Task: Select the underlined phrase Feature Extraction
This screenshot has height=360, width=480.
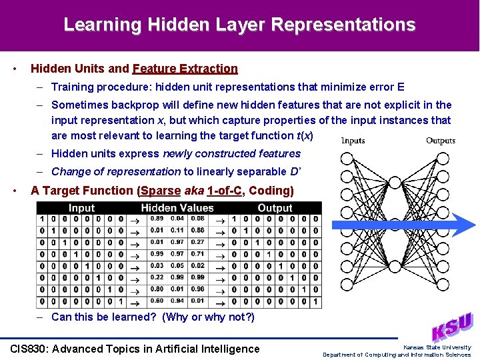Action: [185, 69]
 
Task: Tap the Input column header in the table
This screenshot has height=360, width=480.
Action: [81, 208]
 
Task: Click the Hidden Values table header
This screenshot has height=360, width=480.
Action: [177, 208]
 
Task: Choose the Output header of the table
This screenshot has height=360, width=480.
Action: [275, 208]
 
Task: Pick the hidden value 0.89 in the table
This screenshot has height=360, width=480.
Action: [157, 219]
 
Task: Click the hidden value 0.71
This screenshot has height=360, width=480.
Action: [197, 254]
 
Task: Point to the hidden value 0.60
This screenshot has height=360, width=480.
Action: [157, 301]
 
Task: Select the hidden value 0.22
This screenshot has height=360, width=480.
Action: [157, 277]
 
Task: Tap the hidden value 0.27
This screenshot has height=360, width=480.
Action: [197, 242]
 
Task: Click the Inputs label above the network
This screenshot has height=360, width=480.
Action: [353, 141]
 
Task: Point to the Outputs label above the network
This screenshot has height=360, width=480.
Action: [441, 141]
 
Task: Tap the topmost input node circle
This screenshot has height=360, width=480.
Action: [347, 159]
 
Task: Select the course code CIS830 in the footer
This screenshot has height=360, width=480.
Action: [31, 349]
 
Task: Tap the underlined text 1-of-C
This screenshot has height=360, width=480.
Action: [224, 191]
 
